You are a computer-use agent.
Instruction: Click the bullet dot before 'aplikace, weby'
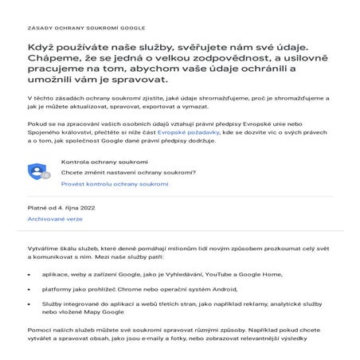(x=34, y=272)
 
